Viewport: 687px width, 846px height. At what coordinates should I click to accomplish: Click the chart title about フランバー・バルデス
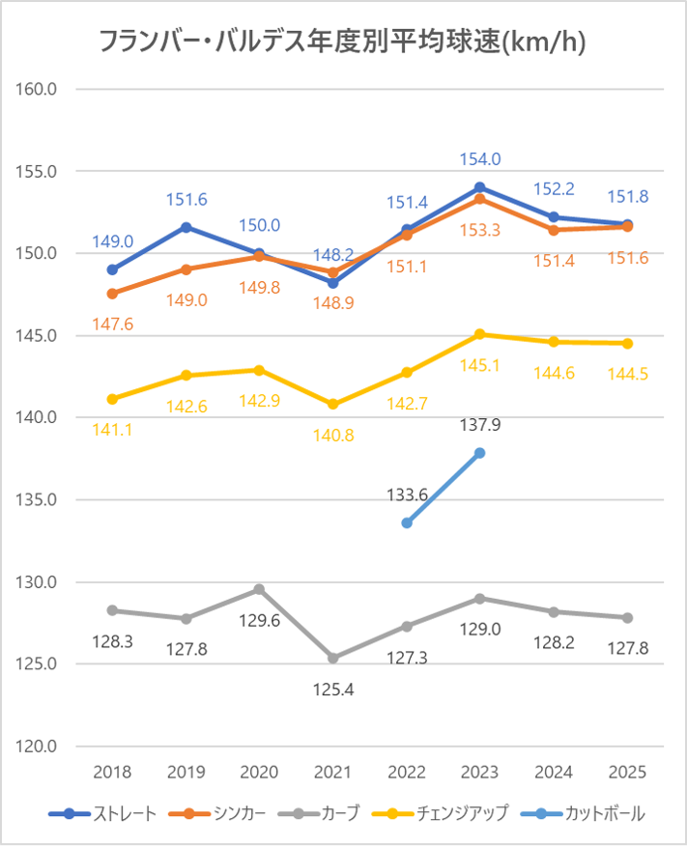click(343, 42)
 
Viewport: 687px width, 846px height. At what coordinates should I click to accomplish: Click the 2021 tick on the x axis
click(333, 773)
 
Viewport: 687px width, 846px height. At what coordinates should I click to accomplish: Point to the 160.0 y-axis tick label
click(38, 90)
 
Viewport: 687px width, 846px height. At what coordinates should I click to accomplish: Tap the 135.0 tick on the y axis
click(38, 500)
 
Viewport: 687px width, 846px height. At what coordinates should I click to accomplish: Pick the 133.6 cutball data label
click(407, 494)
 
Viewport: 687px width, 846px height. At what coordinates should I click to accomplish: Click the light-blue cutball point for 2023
click(480, 453)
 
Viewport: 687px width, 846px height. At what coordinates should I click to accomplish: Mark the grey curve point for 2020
click(259, 589)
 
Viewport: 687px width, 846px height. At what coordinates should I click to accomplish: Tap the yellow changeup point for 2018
click(112, 399)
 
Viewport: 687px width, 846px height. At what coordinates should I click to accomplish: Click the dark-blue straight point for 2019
click(186, 227)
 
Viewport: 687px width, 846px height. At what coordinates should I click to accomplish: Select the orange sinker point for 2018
click(112, 294)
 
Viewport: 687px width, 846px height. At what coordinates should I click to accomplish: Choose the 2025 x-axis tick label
click(627, 773)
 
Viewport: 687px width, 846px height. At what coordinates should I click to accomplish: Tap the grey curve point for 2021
click(333, 658)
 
